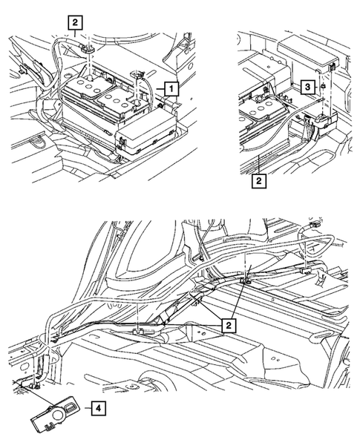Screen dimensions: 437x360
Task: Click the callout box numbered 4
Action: pos(98,407)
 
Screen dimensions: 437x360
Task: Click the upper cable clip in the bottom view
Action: pos(244,280)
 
